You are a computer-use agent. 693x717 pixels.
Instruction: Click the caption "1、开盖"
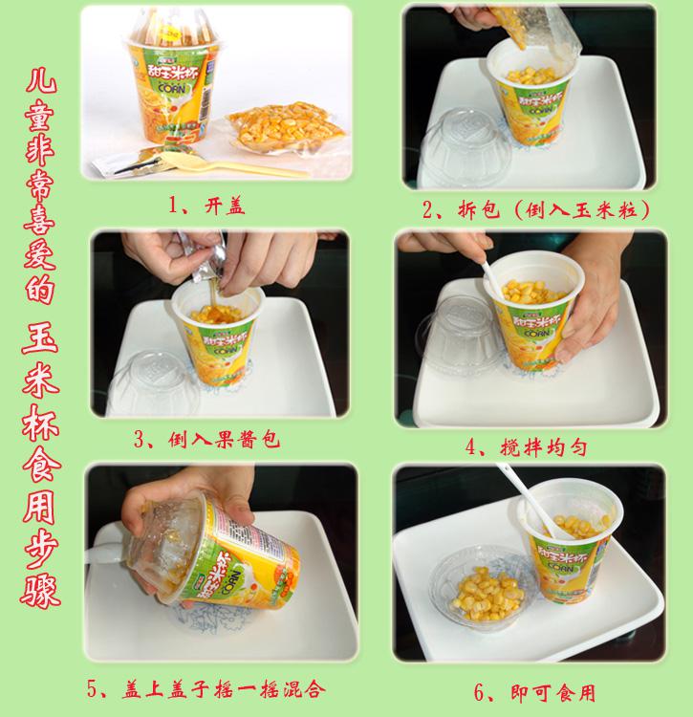(206, 206)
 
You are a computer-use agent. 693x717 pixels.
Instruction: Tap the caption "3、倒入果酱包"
(206, 440)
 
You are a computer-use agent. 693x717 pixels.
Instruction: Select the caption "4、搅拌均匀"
(526, 446)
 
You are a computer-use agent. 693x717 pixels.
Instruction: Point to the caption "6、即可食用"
(535, 693)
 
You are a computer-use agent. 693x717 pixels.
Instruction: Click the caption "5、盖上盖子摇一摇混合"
(206, 688)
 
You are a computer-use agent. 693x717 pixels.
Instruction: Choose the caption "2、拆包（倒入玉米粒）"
(535, 209)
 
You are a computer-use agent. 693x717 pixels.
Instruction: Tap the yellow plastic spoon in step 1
(233, 164)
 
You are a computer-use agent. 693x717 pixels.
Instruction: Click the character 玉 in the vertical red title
(40, 338)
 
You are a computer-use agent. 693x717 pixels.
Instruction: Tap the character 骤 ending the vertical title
(40, 591)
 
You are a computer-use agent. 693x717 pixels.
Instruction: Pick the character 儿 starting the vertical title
(41, 81)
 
